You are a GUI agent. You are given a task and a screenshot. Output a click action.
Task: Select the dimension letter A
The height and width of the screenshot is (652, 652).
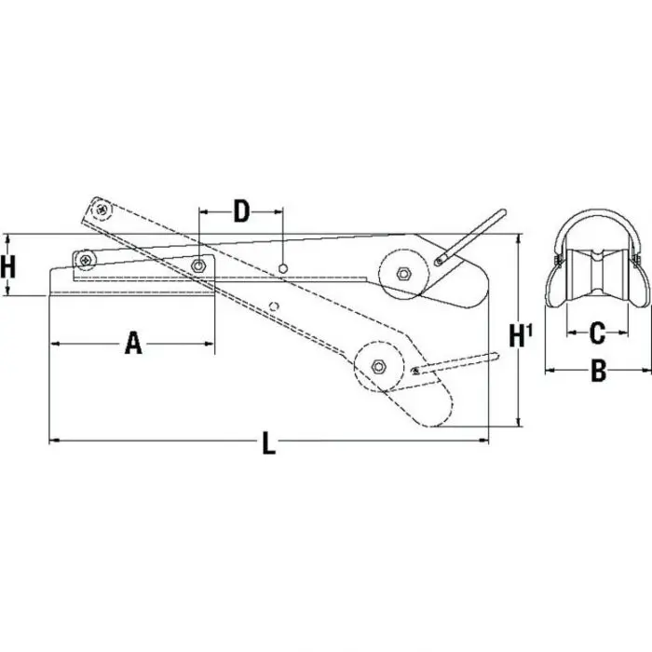coord(133,345)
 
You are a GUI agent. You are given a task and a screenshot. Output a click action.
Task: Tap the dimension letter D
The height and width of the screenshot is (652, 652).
coord(241,211)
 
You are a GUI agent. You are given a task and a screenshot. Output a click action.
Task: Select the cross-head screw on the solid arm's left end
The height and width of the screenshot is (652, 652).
coord(87,258)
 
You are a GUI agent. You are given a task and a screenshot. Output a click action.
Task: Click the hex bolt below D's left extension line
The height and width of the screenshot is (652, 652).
coord(198,267)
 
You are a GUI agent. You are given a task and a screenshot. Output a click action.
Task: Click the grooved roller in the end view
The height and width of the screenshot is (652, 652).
coord(599,278)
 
